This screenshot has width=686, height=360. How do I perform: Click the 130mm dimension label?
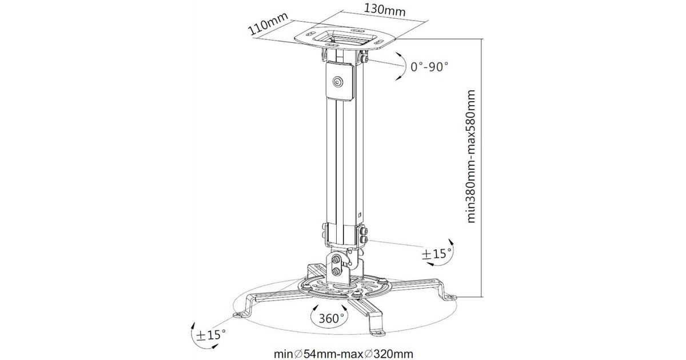[384, 10]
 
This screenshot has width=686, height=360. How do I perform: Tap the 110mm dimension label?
[268, 24]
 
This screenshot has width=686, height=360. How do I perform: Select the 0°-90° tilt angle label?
[429, 66]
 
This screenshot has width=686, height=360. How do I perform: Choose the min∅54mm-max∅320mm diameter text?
[343, 354]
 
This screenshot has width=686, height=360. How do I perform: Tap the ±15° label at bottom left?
[211, 335]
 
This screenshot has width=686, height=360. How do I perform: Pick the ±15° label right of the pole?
[436, 254]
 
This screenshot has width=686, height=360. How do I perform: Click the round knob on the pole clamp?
[338, 82]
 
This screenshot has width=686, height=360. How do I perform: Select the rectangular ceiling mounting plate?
[345, 38]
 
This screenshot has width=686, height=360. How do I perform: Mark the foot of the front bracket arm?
[378, 332]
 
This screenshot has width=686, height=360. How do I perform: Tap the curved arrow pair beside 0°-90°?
[401, 66]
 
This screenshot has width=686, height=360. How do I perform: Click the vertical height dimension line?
[482, 168]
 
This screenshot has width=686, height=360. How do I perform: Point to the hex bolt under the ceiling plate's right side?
[364, 58]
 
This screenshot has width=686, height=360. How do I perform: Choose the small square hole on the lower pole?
[360, 215]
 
